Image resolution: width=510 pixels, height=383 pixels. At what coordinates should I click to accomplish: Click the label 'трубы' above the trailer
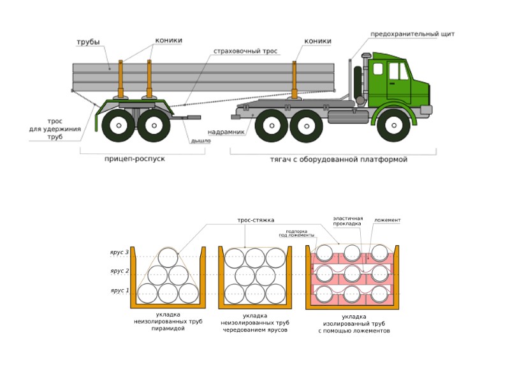point(88,43)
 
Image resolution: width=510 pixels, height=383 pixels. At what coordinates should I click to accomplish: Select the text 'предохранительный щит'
point(412,34)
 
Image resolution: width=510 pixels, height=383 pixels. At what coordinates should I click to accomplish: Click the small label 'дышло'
point(201,141)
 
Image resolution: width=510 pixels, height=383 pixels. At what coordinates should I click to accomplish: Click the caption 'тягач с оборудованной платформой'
point(339,159)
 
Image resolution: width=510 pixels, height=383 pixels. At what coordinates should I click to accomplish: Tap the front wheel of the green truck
point(393,126)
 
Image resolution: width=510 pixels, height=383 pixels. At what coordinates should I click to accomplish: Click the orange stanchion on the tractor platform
point(294,80)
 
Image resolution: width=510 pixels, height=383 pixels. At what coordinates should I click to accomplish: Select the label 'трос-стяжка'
point(256,220)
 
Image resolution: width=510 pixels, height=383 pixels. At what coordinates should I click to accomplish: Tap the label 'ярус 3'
point(119,253)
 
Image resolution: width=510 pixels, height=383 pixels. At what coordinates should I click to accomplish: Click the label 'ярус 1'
point(119,290)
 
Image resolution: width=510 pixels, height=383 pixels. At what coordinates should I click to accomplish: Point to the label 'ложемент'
point(388,220)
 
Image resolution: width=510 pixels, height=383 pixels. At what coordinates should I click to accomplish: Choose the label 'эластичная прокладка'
point(347,221)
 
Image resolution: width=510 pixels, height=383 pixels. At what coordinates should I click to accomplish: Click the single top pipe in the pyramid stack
point(168,258)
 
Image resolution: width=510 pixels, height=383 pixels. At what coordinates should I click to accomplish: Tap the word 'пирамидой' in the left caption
point(168,328)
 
